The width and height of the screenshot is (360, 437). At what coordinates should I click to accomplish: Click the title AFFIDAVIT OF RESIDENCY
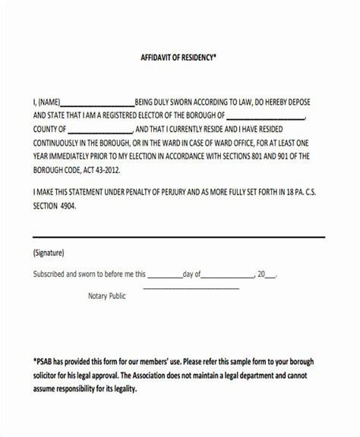coord(179,57)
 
